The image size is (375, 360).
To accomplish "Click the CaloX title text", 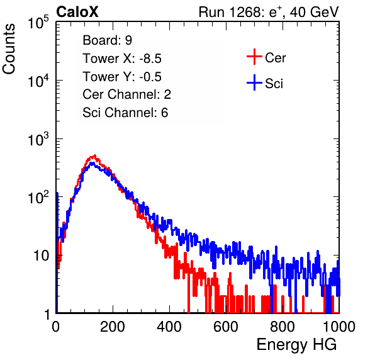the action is pos(77,12).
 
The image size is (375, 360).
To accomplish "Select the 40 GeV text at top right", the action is pos(314,12).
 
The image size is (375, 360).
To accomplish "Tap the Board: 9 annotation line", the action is pos(107,40).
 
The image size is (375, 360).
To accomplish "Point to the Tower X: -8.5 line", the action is pos(122,59).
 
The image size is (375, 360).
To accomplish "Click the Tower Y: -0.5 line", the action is pos(122,77).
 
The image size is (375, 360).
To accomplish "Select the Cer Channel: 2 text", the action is pos(126,94).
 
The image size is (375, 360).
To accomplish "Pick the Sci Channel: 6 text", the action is pos(125,113).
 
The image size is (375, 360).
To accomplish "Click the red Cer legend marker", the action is pos(254,57).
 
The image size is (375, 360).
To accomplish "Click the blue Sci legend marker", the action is pos(254,82).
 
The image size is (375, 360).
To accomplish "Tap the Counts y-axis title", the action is pos(9,49).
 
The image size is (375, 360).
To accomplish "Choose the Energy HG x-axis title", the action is pos(296,345).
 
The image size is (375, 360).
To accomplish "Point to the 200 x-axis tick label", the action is pos(113,327).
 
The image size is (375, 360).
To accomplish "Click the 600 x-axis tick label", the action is pos(226,327).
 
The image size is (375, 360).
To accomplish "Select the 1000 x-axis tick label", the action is pos(339,327).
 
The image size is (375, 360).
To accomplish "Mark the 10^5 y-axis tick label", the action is pos(38,22).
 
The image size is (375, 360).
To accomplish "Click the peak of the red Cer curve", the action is pos(95,155).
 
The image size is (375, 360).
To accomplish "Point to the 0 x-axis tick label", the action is pos(56,327).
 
